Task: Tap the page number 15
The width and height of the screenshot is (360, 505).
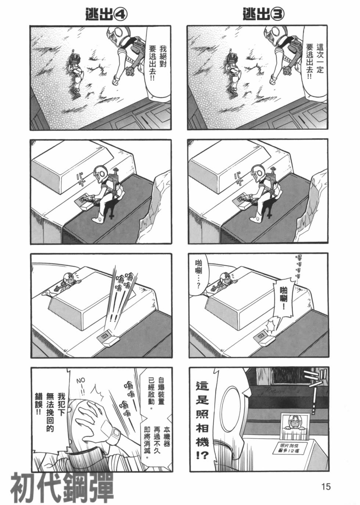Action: point(325,487)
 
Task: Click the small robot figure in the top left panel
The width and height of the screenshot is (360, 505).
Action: point(76,74)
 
